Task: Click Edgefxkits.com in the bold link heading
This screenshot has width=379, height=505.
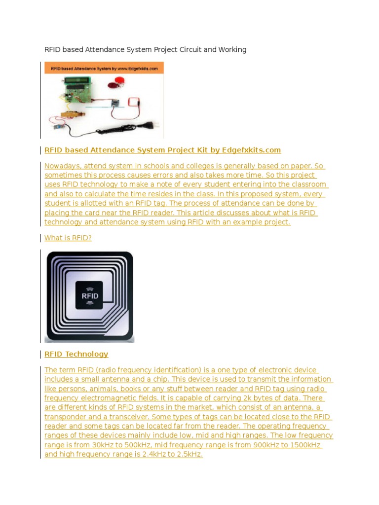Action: [x=253, y=150]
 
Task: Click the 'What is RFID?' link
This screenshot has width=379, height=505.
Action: [x=68, y=238]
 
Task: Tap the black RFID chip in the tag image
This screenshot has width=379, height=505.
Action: [x=89, y=295]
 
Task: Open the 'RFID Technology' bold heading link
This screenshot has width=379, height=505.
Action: [x=76, y=354]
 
